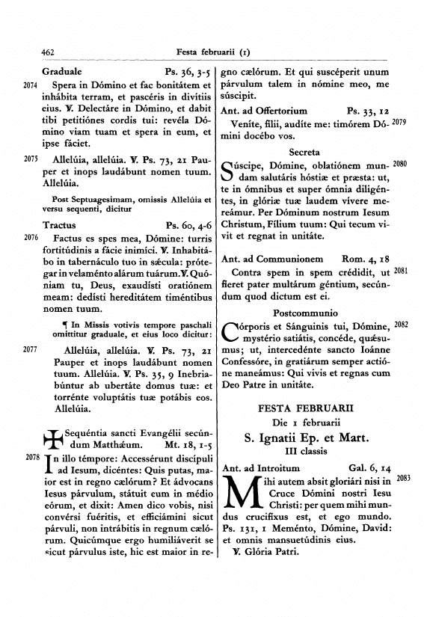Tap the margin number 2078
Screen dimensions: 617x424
[31, 456]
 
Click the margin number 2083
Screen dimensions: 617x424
[403, 477]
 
